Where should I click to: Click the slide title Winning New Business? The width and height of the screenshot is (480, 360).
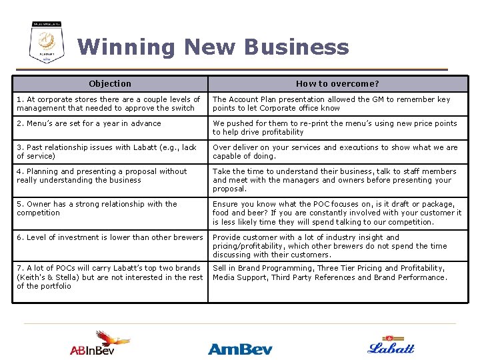213,47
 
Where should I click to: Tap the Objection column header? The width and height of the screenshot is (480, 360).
110,83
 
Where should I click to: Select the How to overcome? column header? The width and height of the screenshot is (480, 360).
337,83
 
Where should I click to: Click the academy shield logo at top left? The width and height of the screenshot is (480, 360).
47,42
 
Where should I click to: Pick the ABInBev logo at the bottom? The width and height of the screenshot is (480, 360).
101,344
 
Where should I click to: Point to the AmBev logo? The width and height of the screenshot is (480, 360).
240,348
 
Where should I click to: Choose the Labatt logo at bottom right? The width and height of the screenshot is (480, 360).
391,345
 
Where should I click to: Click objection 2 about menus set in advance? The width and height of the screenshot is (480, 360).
89,123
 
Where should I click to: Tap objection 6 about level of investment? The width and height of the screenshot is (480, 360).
109,237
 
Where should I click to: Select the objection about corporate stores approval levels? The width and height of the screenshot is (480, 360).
109,103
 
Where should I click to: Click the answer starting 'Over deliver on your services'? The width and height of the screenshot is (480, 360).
335,151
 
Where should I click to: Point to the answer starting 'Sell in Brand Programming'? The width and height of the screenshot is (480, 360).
330,273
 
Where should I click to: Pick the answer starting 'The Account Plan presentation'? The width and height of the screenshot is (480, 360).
331,103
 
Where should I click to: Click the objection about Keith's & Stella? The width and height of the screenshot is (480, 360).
109,277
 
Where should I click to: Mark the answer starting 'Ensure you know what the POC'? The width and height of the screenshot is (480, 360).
337,213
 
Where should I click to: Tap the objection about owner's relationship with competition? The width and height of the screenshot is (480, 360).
97,209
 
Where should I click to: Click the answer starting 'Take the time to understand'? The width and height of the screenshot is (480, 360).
334,180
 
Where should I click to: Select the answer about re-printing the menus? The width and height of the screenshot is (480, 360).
335,127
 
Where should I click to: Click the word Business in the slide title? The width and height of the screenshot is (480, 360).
297,47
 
